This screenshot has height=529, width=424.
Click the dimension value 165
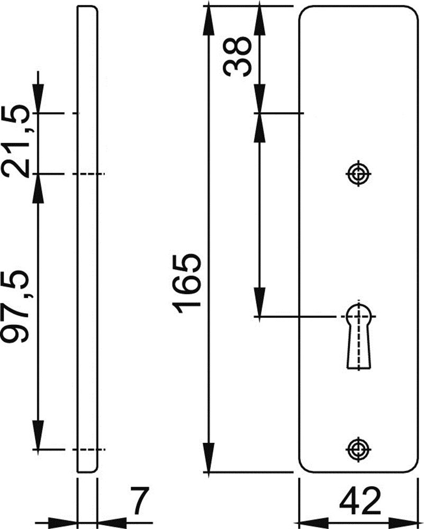(x=187, y=284)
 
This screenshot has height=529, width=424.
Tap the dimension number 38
(x=237, y=57)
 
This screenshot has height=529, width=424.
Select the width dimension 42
(x=360, y=503)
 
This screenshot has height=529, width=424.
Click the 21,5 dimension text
(x=15, y=141)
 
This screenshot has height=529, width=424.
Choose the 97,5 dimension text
(x=15, y=306)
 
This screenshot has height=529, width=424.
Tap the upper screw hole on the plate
(x=358, y=174)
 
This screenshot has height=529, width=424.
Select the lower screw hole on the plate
(x=358, y=449)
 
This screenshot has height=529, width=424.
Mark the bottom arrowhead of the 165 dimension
(x=209, y=457)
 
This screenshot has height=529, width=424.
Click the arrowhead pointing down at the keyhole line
(x=259, y=302)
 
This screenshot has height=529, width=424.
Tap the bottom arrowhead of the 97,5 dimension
(x=38, y=435)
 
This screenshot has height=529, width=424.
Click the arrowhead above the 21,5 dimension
(x=38, y=98)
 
